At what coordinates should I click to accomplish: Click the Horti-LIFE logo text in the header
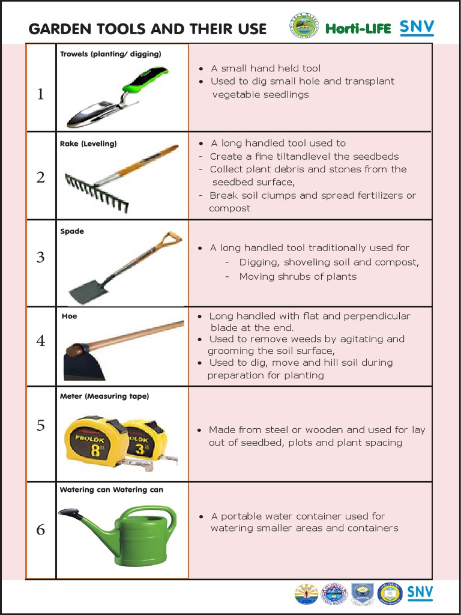pos(358,28)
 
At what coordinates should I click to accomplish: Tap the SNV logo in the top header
pos(417,27)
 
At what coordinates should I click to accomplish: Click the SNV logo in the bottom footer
pos(420,593)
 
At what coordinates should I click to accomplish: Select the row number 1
pos(40,94)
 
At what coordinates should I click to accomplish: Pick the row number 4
pos(40,341)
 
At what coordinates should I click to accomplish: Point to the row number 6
pos(40,530)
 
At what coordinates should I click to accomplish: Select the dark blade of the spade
pos(85,292)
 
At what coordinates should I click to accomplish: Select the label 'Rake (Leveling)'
pos(88,144)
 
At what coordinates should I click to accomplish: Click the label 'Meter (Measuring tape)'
pos(104,396)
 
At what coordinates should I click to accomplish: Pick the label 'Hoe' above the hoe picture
pos(70,316)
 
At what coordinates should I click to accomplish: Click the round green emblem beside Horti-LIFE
pos(304,26)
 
